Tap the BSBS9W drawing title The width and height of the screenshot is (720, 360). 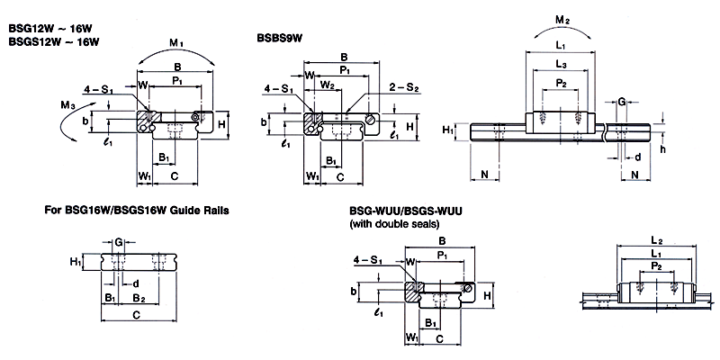281,38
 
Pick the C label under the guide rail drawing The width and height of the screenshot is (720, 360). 135,315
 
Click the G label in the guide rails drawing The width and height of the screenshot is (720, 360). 119,241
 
